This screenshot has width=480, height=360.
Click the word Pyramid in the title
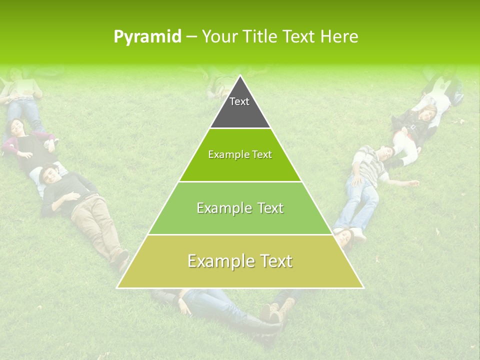pyautogui.click(x=147, y=36)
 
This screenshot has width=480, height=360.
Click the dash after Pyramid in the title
pyautogui.click(x=191, y=37)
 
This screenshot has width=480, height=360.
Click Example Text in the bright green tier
pyautogui.click(x=240, y=155)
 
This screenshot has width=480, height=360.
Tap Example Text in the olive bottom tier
pyautogui.click(x=240, y=261)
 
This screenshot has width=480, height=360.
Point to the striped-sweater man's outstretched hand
pyautogui.click(x=413, y=184)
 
